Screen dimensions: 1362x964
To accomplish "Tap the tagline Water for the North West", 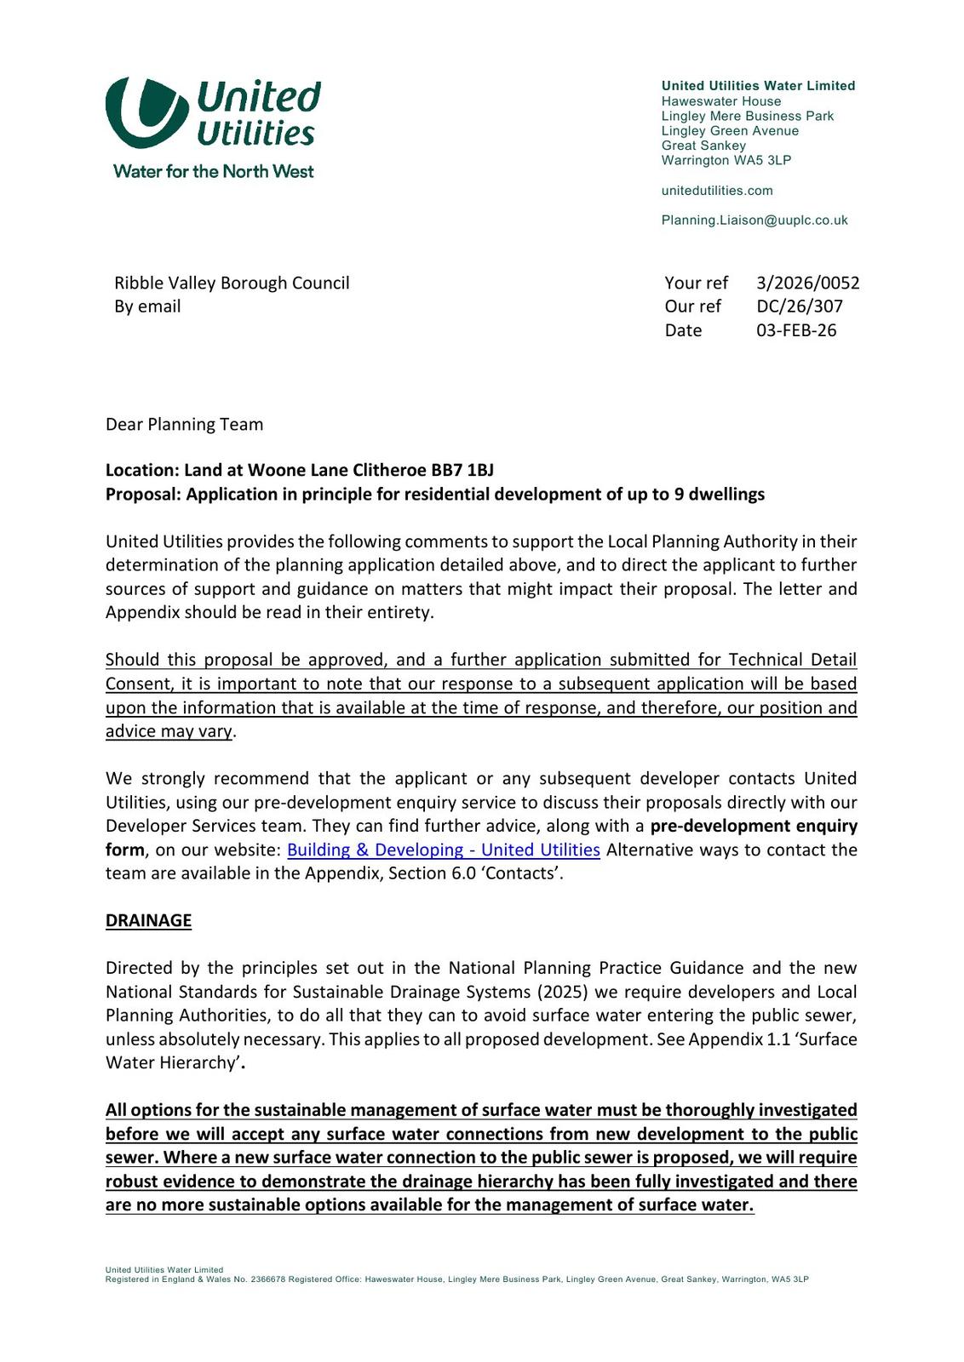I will [x=213, y=171].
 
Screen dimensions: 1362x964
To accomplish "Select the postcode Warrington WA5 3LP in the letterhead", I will [x=726, y=160].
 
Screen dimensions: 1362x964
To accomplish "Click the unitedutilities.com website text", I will [x=717, y=191].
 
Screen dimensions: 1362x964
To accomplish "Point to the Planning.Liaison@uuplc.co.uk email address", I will [x=755, y=220].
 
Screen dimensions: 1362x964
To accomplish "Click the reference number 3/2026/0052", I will [x=807, y=283].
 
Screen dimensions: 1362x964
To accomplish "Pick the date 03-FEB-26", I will [x=796, y=330].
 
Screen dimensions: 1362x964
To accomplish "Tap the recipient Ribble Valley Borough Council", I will [x=232, y=283].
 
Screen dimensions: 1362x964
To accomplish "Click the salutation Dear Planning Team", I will [x=184, y=424].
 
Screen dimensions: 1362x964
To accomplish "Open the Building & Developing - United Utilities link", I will [x=443, y=850].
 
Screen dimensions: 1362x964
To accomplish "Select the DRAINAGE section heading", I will [x=148, y=920].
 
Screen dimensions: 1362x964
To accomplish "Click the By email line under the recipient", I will [x=147, y=306].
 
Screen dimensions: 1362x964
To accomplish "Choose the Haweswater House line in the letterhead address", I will [x=720, y=101].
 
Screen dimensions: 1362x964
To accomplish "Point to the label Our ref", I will [x=692, y=306].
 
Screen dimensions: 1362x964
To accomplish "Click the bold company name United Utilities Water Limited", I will [x=758, y=86].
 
